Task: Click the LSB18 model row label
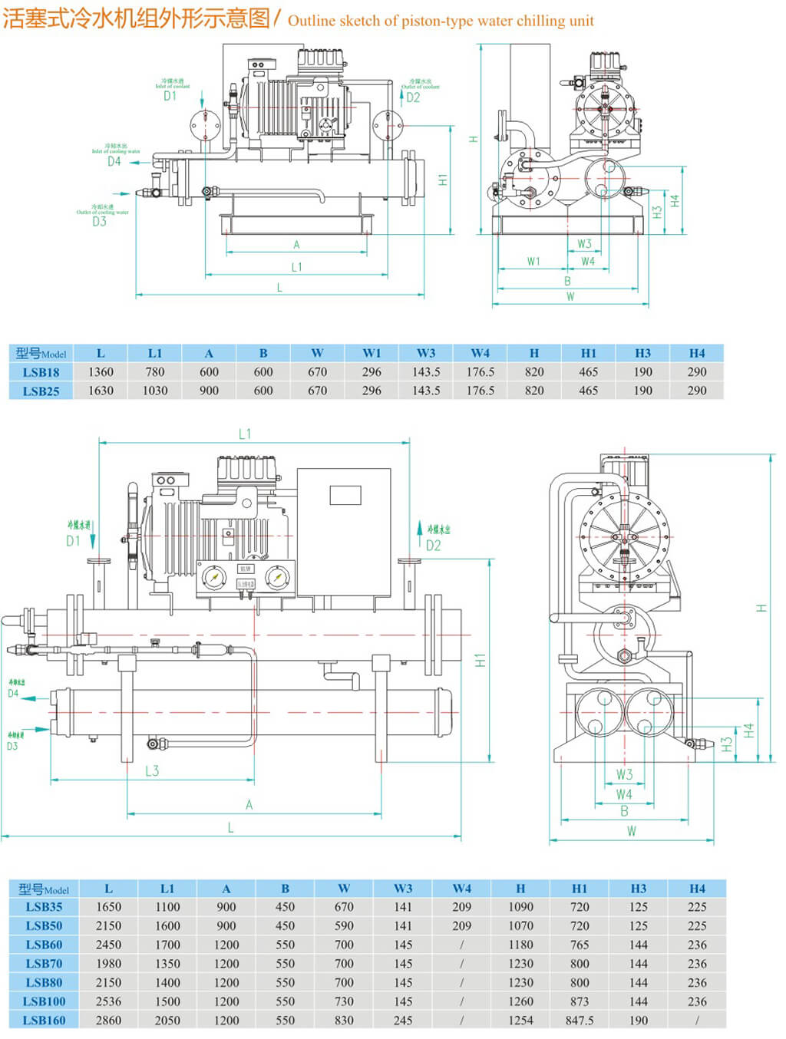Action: [x=41, y=372]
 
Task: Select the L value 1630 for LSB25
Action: [x=101, y=391]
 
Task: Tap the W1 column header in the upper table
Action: [x=372, y=353]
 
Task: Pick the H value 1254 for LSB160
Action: [x=520, y=1021]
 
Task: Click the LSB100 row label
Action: [x=44, y=1001]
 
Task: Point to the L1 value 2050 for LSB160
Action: [x=167, y=1021]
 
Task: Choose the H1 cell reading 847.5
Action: [x=580, y=1021]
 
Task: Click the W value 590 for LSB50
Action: [x=344, y=925]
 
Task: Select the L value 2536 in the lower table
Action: [x=108, y=1001]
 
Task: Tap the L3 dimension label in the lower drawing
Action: [x=152, y=770]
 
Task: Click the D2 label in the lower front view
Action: [x=433, y=546]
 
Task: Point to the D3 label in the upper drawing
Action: [x=99, y=222]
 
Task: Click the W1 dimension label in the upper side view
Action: [x=533, y=262]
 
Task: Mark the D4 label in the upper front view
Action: [x=114, y=161]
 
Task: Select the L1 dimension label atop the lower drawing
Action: [x=244, y=434]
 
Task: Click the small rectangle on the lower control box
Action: [x=345, y=495]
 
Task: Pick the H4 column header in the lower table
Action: [x=697, y=889]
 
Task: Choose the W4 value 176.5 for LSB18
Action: [x=480, y=372]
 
